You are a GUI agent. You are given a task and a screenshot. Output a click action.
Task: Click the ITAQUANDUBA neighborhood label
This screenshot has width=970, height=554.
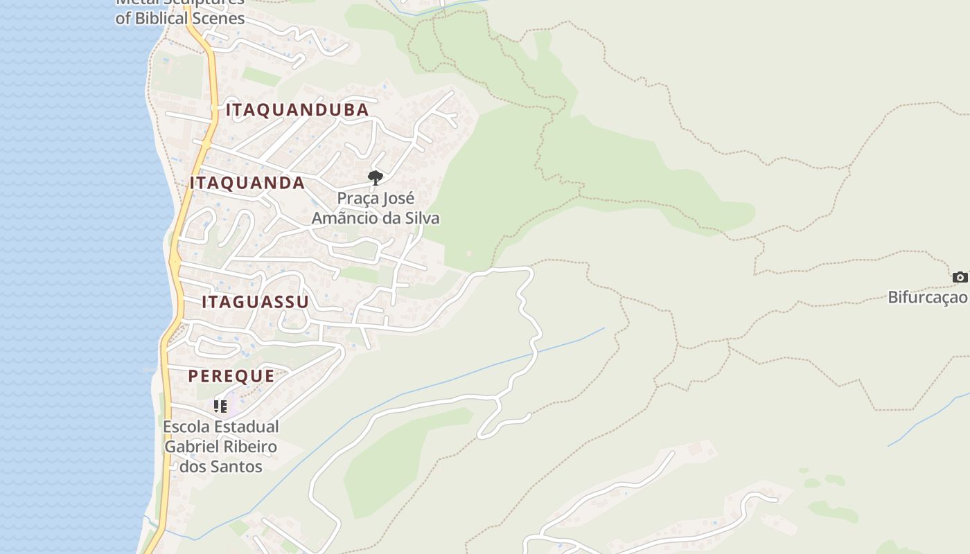(297, 109)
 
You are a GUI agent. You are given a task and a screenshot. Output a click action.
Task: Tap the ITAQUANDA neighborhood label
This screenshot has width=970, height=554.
(247, 183)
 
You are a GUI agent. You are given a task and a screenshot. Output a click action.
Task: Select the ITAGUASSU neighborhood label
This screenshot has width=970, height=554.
(255, 302)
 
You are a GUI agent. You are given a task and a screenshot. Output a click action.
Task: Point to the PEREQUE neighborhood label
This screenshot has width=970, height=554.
(231, 376)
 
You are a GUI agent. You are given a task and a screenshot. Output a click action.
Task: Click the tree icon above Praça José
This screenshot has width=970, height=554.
(376, 178)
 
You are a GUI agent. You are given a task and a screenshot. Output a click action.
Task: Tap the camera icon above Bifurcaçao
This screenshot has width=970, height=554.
(960, 277)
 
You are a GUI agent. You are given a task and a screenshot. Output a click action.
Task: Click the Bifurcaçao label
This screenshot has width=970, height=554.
(928, 298)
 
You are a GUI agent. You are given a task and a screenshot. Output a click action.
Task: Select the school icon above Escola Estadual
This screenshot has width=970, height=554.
(220, 406)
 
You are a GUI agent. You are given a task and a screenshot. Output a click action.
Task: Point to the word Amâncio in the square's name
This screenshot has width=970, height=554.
(343, 218)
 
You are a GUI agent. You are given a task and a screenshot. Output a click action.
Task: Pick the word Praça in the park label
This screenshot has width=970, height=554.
(358, 199)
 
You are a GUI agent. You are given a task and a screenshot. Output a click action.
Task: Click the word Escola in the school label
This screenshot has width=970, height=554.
(186, 427)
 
